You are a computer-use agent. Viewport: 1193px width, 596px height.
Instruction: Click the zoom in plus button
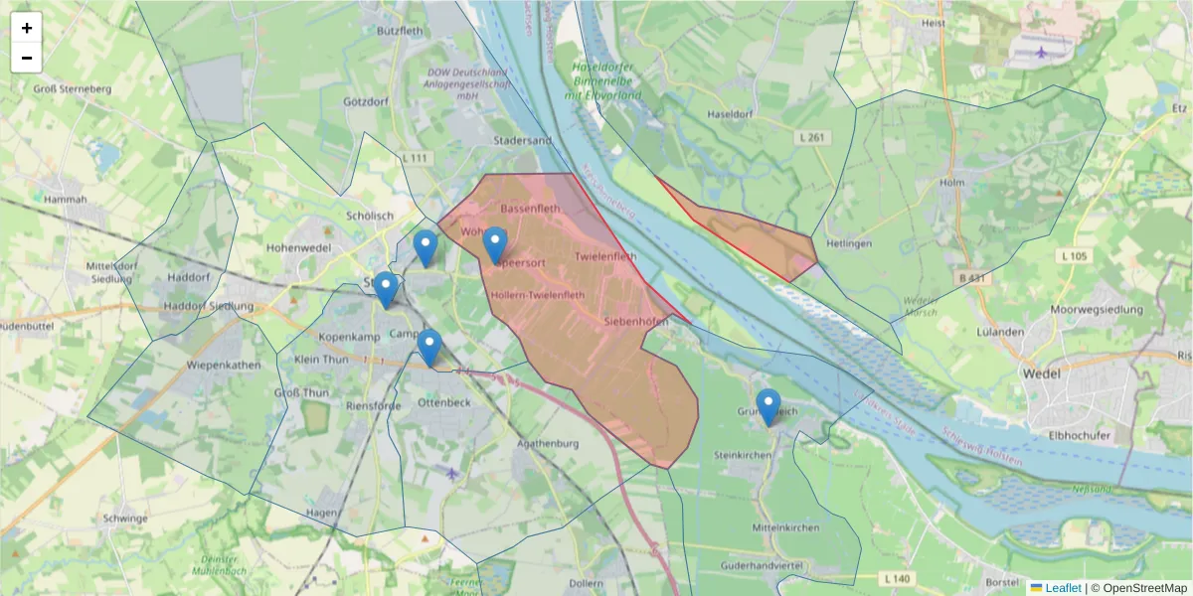coord(27,28)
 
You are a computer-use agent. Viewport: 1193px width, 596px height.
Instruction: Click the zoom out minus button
coord(27,58)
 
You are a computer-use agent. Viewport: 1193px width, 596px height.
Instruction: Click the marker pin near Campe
coord(429,348)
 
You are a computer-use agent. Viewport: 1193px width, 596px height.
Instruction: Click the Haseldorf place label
coord(728,114)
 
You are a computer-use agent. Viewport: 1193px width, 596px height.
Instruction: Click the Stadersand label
coord(522,141)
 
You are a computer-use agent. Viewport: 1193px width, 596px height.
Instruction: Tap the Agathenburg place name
coord(547,444)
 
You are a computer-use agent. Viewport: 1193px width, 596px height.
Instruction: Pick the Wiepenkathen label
coord(224,365)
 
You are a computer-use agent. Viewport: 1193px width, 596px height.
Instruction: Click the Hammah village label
coord(66,199)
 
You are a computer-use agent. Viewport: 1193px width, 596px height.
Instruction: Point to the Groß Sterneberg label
coord(73,89)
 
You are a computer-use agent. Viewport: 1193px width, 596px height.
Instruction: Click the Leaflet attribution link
coord(1062,588)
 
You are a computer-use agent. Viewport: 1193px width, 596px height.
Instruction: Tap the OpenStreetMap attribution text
coord(1139,588)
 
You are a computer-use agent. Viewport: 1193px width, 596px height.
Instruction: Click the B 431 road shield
coord(970,279)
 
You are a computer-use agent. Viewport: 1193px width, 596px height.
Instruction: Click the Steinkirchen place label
coord(744,455)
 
